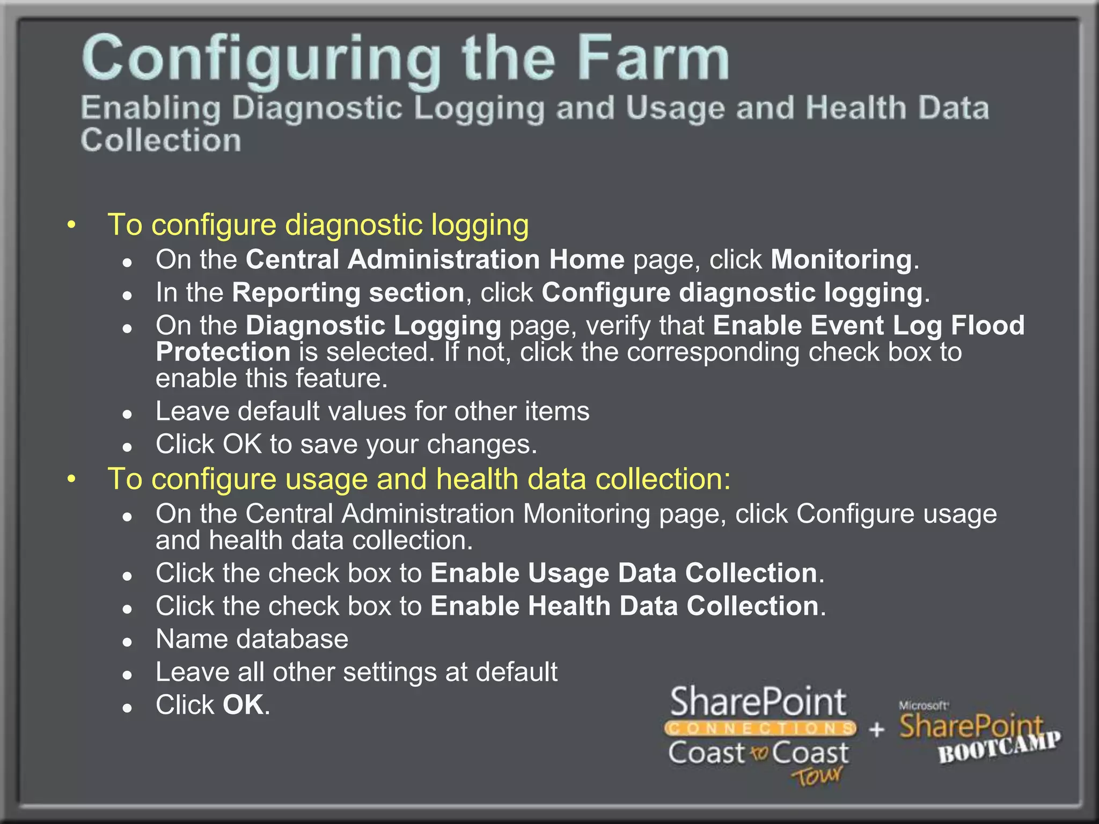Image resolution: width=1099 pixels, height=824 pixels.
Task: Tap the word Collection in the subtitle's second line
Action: pos(161,141)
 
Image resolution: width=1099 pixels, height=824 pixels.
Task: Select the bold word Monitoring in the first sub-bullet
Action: pos(841,260)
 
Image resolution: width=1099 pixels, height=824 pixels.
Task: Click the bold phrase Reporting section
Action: pos(348,293)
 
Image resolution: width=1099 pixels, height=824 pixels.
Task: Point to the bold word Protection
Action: pos(223,352)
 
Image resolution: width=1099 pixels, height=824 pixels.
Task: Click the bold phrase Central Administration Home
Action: pos(435,260)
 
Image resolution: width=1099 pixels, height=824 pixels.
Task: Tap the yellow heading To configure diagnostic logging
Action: pos(318,224)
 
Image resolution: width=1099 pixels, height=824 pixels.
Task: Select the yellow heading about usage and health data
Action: pos(419,479)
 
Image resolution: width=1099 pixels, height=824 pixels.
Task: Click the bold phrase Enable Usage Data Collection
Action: pos(624,573)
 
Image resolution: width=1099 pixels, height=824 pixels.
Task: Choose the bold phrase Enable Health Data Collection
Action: pos(624,606)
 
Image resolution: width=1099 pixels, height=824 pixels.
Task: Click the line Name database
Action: pos(252,639)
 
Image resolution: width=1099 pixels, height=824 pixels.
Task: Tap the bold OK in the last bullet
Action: pos(243,705)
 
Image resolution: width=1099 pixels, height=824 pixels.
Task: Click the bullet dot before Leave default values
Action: pos(127,414)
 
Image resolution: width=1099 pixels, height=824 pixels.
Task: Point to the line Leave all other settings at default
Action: pos(356,672)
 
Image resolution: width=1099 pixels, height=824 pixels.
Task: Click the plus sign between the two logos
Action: pos(877,730)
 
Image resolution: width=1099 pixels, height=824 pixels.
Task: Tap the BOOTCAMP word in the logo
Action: pos(999,747)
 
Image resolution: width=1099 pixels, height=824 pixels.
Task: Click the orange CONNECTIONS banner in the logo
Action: pos(760,729)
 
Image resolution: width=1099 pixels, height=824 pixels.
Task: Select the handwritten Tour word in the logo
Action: pos(817,776)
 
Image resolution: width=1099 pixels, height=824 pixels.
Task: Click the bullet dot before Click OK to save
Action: pos(127,447)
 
